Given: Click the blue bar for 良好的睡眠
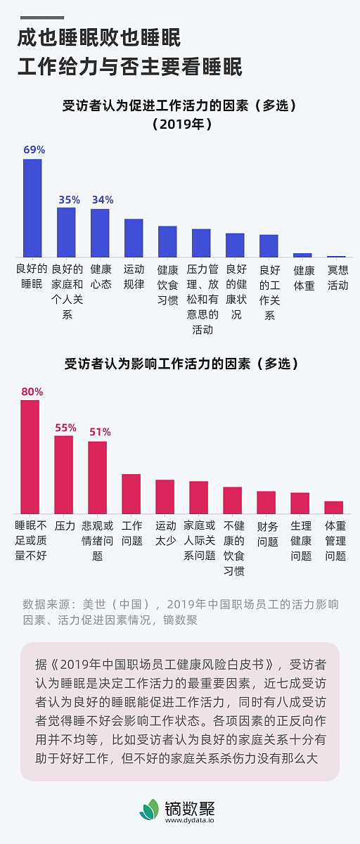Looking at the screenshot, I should pos(32,207).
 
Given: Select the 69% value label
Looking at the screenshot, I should pos(34,150).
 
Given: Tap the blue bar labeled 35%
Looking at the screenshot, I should pos(66,232).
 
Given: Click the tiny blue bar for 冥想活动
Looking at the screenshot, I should pos(336,256).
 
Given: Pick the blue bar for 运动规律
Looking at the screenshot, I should pos(134,238).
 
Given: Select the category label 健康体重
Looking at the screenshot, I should pos(304,277).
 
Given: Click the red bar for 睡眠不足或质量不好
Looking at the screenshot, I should pos(30,456).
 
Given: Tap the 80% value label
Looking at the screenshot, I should pos(32,391).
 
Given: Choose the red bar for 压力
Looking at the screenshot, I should pos(64,475).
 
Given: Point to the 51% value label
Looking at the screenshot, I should pos(99,432).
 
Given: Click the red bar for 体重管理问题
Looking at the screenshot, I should pos(334,507).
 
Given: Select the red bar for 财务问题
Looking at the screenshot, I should pos(266,502).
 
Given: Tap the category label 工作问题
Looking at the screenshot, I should pos(131,533).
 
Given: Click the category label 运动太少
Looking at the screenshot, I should pos(165,533).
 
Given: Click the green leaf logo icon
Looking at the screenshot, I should pos(149,809).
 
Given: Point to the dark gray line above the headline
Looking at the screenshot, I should pos(40,18).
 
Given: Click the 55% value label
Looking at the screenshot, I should pos(65,427).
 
